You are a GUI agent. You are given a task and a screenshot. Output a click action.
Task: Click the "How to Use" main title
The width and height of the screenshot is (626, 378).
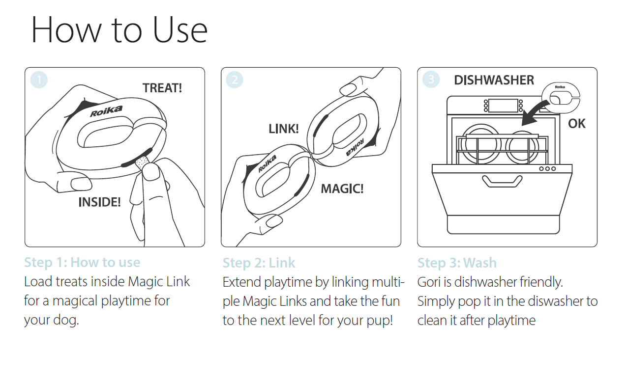coord(119,29)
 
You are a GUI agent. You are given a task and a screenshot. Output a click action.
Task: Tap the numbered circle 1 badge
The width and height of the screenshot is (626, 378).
coord(39,80)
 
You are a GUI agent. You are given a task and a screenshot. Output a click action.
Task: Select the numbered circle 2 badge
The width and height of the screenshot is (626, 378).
coord(235,80)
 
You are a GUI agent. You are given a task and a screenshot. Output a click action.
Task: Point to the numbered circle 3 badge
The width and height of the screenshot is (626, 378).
coord(431,79)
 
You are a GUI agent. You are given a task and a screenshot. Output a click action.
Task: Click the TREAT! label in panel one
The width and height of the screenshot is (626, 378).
coord(162,88)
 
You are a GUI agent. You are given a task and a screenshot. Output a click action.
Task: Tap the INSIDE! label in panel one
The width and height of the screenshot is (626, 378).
coord(99,202)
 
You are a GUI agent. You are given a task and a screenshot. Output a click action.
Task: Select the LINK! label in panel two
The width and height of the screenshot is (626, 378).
coord(284,129)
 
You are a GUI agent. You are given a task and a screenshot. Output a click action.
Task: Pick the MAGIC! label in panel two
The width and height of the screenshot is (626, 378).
coord(342,189)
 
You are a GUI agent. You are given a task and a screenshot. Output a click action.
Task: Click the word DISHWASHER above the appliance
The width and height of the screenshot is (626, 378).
coord(494,80)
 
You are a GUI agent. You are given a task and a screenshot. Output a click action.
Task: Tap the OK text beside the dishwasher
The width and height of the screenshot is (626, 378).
coord(576,124)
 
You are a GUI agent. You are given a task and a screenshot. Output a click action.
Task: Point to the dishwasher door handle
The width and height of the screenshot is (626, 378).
coord(502,181)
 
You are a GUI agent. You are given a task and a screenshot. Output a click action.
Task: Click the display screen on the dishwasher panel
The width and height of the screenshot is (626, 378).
coord(503,106)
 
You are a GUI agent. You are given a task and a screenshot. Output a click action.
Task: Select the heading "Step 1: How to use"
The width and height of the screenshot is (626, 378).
coord(82,263)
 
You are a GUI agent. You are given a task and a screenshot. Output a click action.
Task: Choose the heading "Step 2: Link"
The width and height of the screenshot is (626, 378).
coord(259,263)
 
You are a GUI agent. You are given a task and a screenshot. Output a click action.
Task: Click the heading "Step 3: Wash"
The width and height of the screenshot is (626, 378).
coord(457,263)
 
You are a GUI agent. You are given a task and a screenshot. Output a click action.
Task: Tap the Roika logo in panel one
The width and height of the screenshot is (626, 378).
coord(106,111)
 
